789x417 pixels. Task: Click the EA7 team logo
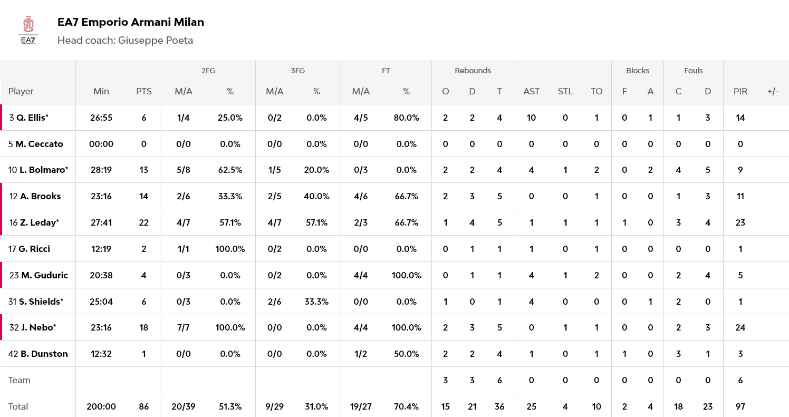pos(28,31)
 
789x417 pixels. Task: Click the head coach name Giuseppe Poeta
pos(155,41)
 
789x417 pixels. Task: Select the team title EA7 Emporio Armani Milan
pos(130,22)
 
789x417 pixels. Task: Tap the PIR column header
pos(740,91)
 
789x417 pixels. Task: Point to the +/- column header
pos(773,91)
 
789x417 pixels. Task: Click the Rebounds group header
pos(473,71)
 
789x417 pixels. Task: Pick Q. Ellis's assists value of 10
pos(531,118)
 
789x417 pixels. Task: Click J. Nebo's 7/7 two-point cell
pos(183,327)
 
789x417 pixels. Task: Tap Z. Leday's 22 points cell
pos(143,222)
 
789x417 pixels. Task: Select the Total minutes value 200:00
pos(101,406)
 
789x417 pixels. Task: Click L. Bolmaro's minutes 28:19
pos(101,170)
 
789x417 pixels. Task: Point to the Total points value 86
pos(143,406)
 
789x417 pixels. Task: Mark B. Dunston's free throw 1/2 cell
pos(361,354)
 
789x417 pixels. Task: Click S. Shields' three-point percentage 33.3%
pos(316,302)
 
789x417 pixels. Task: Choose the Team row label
pos(20,380)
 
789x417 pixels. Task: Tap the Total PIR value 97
pos(740,406)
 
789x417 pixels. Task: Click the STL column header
pos(565,91)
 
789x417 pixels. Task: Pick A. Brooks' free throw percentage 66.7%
pos(406,196)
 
